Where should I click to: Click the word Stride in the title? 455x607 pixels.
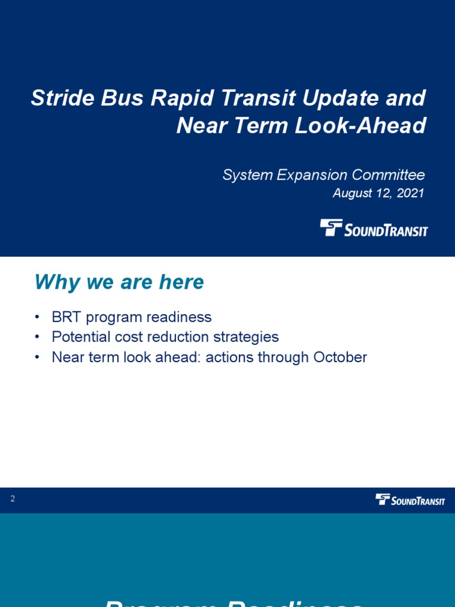coord(58,98)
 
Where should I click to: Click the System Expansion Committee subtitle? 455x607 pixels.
coord(323,175)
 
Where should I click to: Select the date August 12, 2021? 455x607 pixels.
coord(378,193)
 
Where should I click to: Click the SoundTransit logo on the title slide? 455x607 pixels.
coord(374,228)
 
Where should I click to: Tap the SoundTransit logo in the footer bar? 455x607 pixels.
coord(410,500)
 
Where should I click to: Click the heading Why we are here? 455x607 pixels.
coord(119,282)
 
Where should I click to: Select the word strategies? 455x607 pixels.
coord(245,337)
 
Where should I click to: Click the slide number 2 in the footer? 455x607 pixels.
coord(12,499)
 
